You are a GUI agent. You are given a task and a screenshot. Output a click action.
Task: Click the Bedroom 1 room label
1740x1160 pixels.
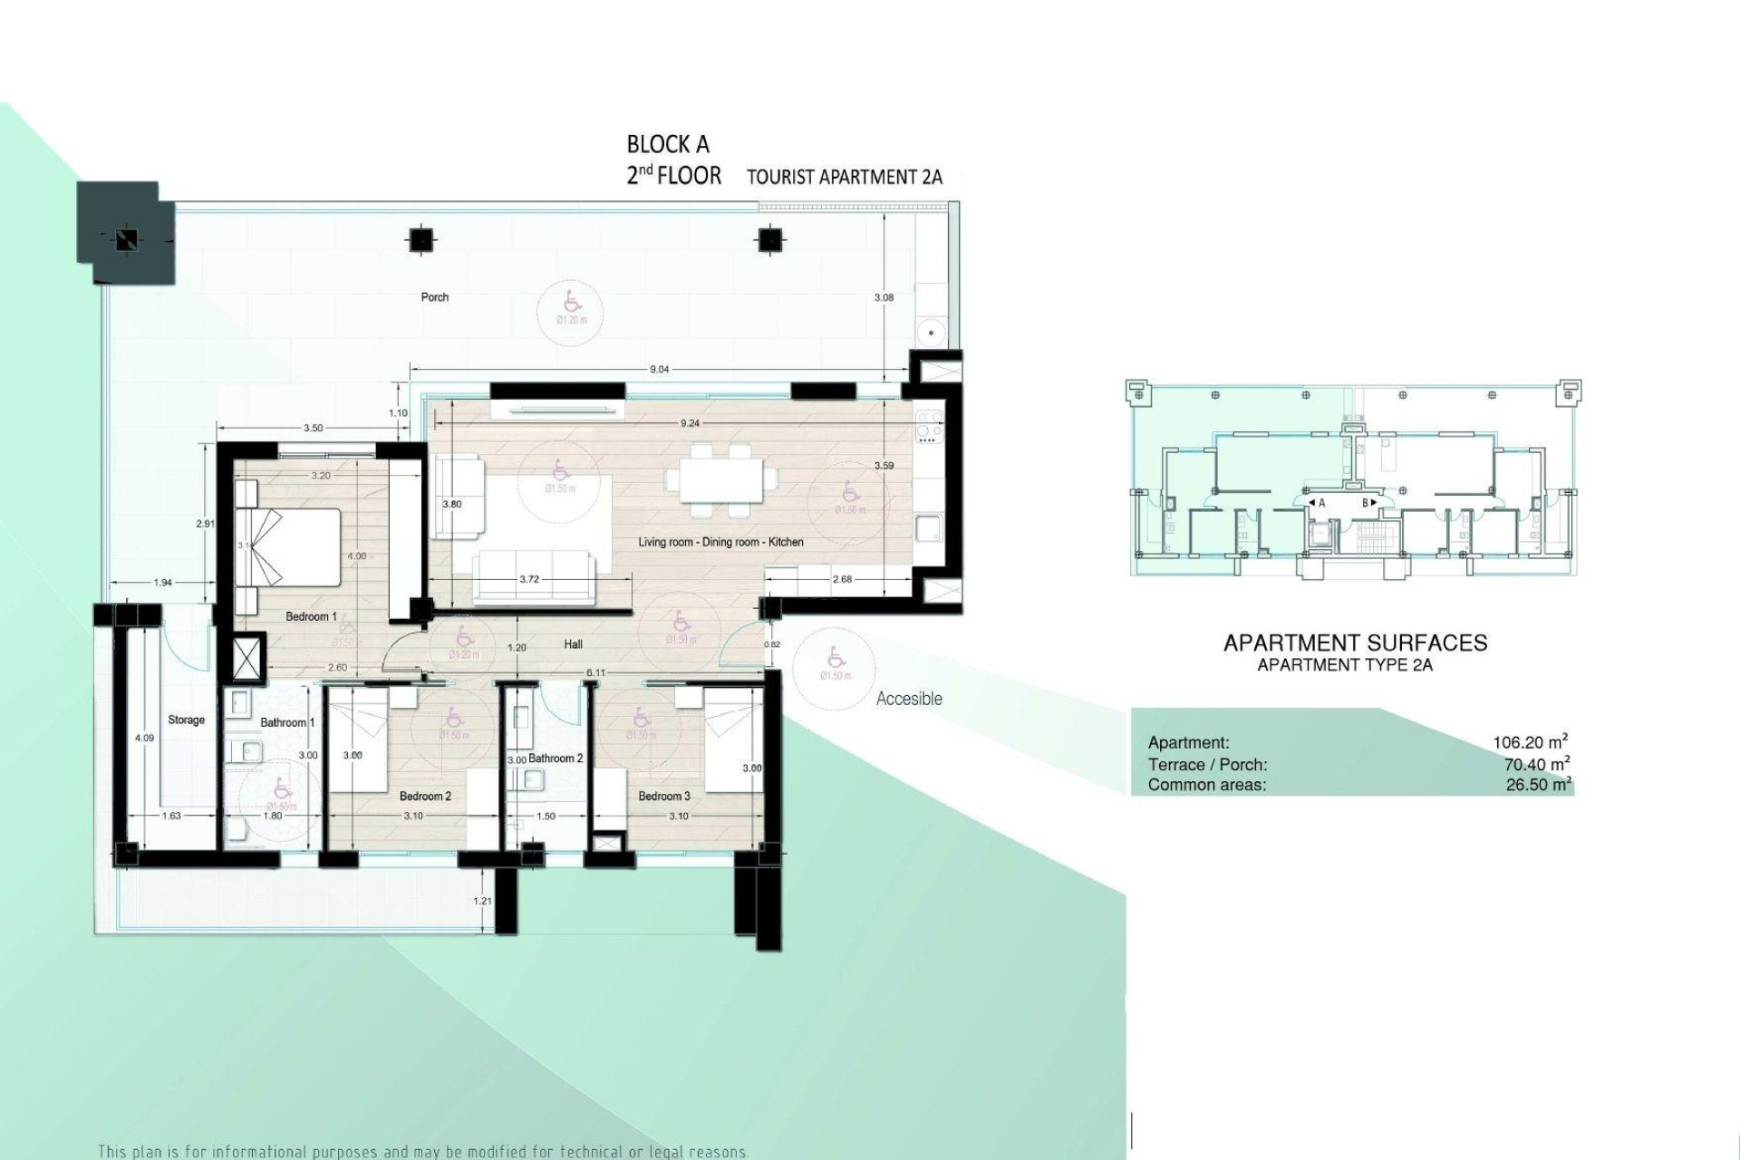[x=311, y=617]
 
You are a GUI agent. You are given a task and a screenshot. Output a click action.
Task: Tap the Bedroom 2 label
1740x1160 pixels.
[x=425, y=797]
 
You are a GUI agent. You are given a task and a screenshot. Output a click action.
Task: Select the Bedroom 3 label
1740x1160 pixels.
[x=663, y=797]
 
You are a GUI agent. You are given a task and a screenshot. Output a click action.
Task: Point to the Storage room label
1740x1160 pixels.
[x=186, y=720]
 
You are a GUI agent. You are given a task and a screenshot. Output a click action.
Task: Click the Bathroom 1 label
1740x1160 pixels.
[x=287, y=723]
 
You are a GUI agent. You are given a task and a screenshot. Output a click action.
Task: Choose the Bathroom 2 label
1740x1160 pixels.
[x=556, y=759]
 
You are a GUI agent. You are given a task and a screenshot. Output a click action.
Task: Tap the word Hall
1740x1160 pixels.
[x=573, y=645]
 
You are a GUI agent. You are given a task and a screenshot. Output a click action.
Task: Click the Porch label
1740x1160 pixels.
[x=435, y=297]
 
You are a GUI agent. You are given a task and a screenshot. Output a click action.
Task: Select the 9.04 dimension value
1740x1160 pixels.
[x=660, y=370]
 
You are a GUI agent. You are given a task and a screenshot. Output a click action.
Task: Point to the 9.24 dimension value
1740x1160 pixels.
[x=690, y=423]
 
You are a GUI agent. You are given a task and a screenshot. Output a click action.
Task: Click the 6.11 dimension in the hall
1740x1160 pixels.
[x=595, y=672]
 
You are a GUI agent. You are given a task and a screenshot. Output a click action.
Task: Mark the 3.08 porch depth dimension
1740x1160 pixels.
[x=884, y=297]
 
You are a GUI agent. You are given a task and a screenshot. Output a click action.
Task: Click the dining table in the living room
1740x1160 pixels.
[x=721, y=478]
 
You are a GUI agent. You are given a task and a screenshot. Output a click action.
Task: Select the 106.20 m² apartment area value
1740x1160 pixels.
[x=1531, y=742]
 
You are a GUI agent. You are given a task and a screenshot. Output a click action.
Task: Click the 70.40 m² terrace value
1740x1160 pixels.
[x=1537, y=764]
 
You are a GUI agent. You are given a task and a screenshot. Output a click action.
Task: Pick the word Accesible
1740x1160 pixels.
[x=909, y=699]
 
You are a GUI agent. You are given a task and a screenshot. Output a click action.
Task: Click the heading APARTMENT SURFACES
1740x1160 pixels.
[x=1355, y=643]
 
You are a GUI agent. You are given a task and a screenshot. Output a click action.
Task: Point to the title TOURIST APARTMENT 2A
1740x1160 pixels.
[x=845, y=177]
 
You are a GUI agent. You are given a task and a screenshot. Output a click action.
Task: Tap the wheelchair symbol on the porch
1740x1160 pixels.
[x=572, y=301]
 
